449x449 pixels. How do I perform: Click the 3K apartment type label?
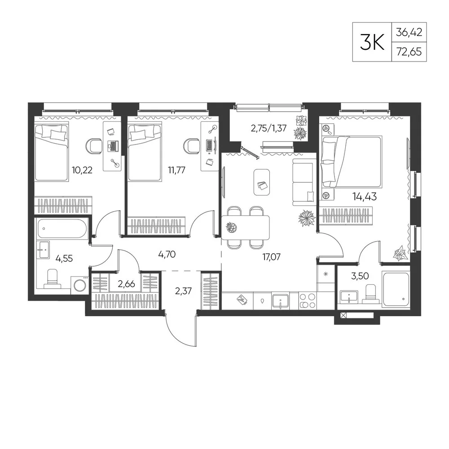(372, 42)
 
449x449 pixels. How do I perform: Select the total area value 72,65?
(409, 52)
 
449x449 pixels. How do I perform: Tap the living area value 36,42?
(409, 32)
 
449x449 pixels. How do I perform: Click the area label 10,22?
(82, 170)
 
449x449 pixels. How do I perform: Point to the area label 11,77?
(176, 170)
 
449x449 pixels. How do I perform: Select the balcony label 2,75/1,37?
(269, 128)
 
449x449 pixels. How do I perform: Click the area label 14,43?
(364, 197)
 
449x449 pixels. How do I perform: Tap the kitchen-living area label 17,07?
(271, 257)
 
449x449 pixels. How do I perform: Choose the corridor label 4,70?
(167, 254)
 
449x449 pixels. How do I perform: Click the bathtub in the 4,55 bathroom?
(62, 228)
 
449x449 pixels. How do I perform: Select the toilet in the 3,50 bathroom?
(371, 294)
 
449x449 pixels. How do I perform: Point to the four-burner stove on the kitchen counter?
(308, 301)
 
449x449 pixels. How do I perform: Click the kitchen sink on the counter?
(280, 301)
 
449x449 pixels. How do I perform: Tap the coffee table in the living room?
(261, 182)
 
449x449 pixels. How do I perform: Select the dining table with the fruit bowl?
(246, 228)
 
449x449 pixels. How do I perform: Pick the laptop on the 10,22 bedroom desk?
(113, 146)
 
